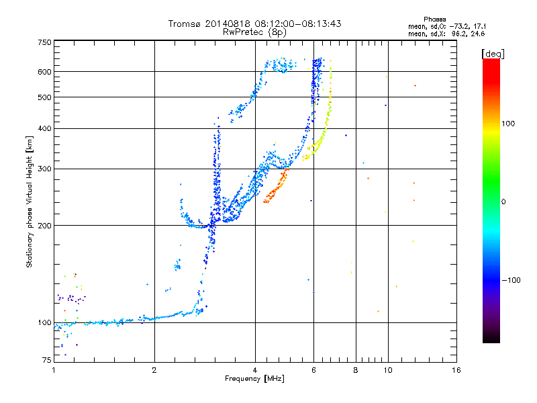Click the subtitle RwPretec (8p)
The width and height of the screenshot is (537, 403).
click(254, 32)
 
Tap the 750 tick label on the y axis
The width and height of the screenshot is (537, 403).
click(44, 42)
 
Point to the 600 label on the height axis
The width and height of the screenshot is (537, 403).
click(44, 72)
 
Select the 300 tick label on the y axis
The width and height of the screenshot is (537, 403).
click(44, 169)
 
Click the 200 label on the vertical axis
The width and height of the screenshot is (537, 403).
click(44, 226)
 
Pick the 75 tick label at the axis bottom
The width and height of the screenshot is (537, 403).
click(47, 360)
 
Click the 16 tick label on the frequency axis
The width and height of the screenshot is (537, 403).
click(456, 371)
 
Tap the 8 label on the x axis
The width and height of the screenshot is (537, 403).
click(356, 371)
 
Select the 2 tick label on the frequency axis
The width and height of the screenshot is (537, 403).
click(154, 371)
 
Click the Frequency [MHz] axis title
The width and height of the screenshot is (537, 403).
click(254, 379)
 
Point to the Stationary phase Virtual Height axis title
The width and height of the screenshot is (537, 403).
click(30, 201)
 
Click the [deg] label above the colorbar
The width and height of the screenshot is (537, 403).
click(493, 54)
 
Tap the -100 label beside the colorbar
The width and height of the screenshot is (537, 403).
click(511, 280)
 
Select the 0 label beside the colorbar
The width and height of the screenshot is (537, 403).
click(503, 202)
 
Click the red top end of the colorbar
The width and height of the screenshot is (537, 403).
click(491, 60)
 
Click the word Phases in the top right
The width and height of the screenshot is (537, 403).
click(434, 19)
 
